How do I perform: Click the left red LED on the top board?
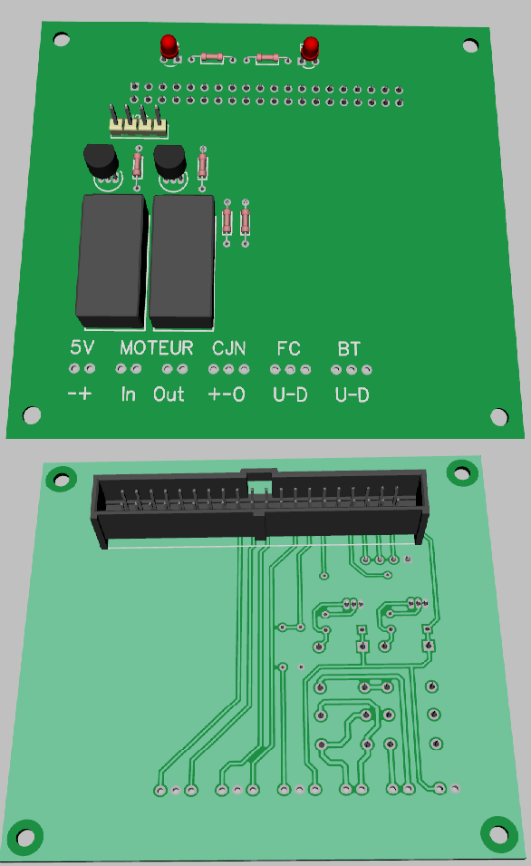[x=169, y=46]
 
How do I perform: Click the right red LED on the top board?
[x=311, y=48]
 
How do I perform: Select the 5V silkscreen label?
[x=82, y=347]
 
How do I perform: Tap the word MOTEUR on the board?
[x=157, y=347]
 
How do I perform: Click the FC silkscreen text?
[x=289, y=347]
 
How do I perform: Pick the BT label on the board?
[x=349, y=347]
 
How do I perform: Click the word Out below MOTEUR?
[x=169, y=394]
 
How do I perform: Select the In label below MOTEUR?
[x=128, y=394]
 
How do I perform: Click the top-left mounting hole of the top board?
[x=61, y=39]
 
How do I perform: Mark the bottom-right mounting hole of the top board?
[x=499, y=416]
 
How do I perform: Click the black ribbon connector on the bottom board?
[x=258, y=509]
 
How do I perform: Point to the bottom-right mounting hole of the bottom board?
[x=497, y=835]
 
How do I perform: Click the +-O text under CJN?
[x=227, y=394]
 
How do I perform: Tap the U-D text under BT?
[x=352, y=394]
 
